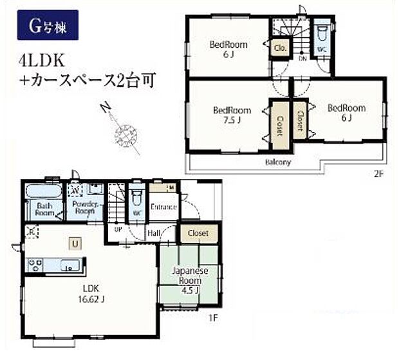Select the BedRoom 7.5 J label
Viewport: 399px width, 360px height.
[232, 114]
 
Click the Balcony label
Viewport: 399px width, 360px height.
[278, 162]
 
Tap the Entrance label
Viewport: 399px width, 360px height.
[163, 207]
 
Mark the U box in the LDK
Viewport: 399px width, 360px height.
[76, 243]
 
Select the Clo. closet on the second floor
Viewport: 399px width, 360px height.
[280, 48]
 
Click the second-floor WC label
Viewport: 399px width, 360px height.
[321, 48]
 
